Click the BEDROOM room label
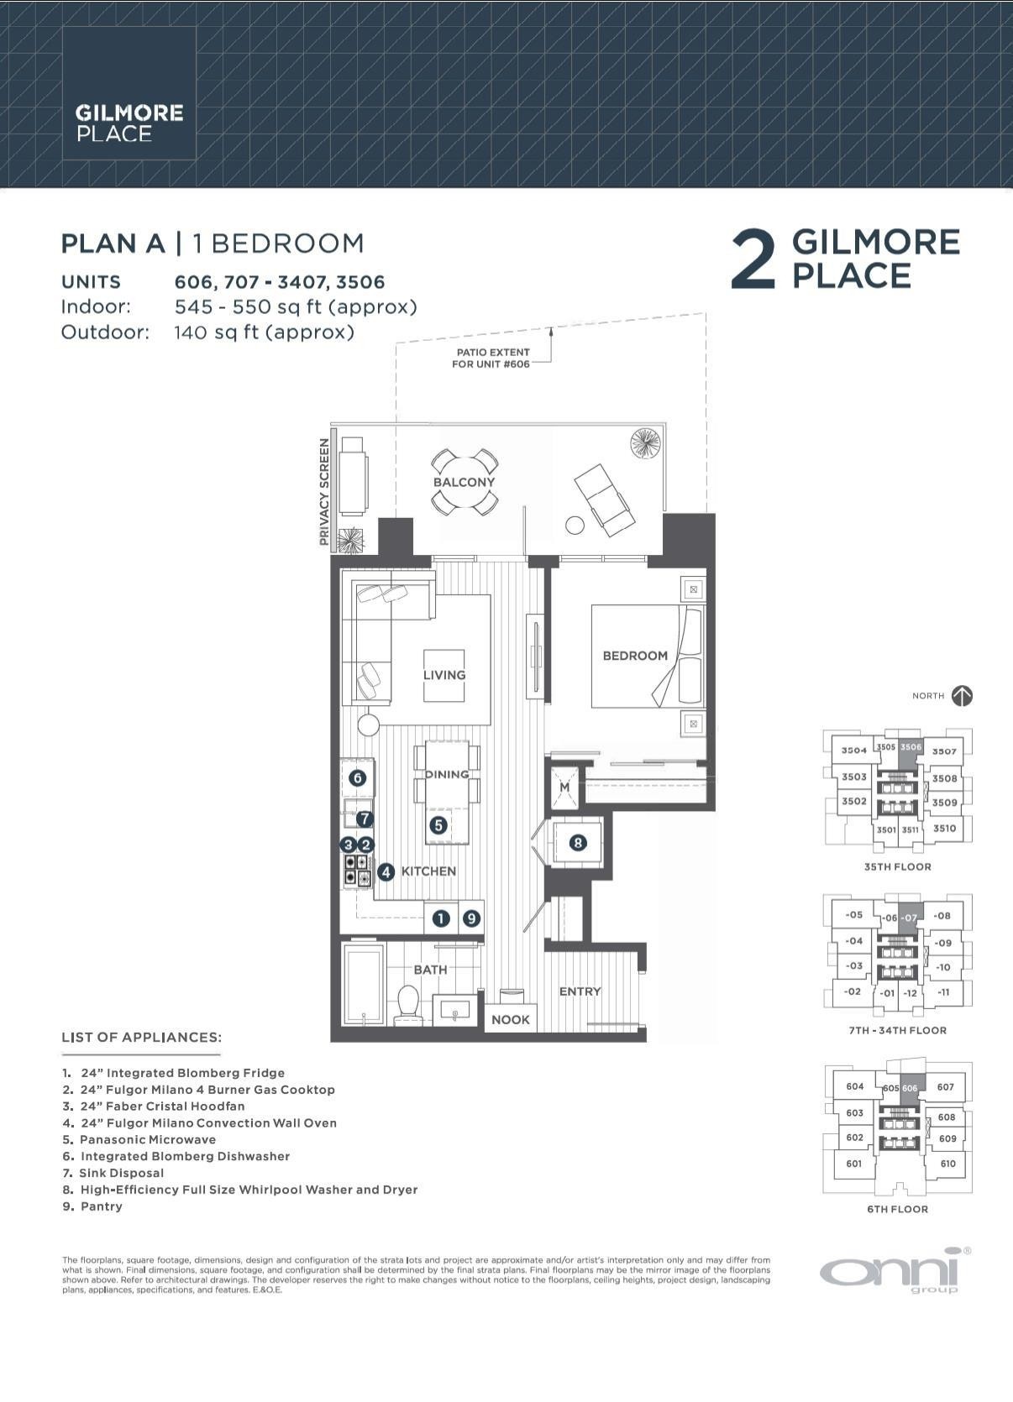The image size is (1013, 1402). click(635, 656)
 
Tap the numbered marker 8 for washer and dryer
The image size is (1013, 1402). click(578, 842)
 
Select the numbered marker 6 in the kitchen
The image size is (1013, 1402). click(358, 778)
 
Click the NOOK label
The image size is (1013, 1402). click(510, 1019)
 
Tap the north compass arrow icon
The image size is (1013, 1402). click(963, 695)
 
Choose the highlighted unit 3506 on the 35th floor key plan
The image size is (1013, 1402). click(911, 747)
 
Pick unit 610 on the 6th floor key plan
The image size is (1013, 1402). click(947, 1164)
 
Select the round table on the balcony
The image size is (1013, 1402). click(465, 482)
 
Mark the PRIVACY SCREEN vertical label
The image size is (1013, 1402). click(323, 491)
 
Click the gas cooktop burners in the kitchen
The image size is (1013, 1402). click(358, 871)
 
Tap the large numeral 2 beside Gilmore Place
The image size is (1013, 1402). click(753, 259)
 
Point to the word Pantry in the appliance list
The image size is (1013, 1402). click(102, 1206)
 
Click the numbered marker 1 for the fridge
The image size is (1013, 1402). click(441, 918)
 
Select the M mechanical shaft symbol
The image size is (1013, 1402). click(564, 787)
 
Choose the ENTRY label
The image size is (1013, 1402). click(580, 991)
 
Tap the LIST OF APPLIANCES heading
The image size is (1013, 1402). click(141, 1037)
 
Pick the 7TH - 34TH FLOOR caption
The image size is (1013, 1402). click(897, 1030)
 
